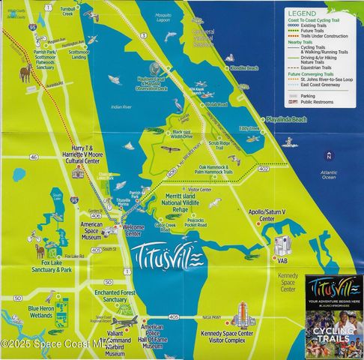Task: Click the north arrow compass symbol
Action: (x=328, y=155)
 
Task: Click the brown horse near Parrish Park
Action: (x=26, y=73)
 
